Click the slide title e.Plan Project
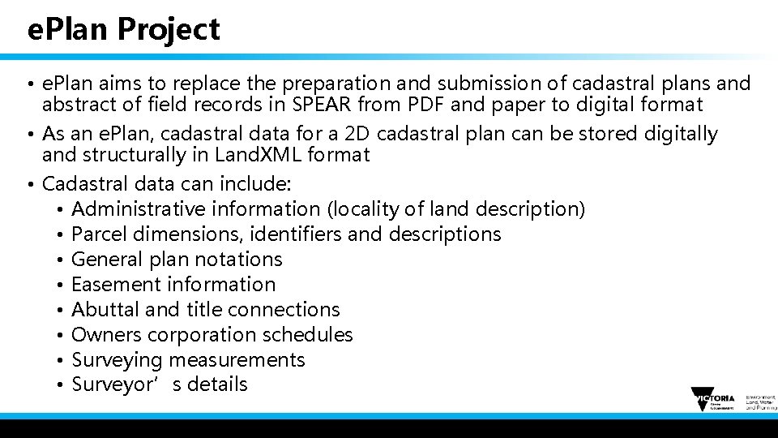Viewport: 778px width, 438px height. pos(123,30)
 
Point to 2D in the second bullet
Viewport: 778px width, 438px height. pos(357,133)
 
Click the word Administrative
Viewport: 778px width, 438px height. pos(139,209)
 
